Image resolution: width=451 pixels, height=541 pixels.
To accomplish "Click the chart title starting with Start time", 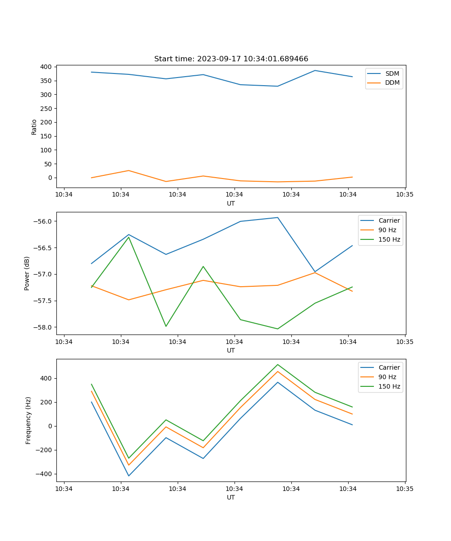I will (x=231, y=59).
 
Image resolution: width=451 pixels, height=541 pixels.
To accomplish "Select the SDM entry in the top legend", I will (x=392, y=73).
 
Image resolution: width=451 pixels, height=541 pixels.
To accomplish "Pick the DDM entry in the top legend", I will (x=392, y=83).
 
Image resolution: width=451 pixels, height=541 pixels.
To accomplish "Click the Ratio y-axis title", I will (x=34, y=127).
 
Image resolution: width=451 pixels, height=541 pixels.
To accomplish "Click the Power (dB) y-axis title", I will (x=28, y=273).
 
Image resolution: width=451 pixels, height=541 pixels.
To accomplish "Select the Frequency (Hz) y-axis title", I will (x=28, y=420).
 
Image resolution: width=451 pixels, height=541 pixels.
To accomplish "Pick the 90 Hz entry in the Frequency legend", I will (x=387, y=377).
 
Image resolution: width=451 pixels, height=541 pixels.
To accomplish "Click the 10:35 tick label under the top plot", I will (x=405, y=195).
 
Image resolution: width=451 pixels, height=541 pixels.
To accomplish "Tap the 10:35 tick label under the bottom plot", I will (x=405, y=489).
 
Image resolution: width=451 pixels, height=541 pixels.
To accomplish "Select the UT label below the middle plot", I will (x=231, y=350).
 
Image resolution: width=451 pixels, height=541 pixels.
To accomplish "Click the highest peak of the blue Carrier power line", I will (x=278, y=217).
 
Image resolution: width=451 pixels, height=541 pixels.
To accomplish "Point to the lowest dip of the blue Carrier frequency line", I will (x=129, y=476).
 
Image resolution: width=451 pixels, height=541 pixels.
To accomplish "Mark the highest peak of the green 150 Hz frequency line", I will (x=278, y=364).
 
